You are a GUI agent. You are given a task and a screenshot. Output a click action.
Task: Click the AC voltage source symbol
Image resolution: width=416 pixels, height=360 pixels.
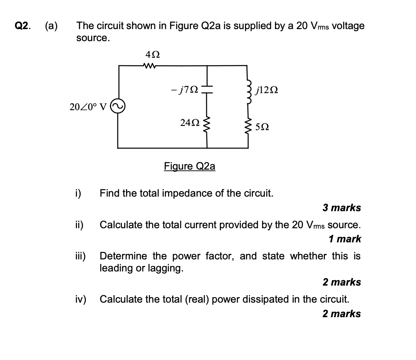coord(118,107)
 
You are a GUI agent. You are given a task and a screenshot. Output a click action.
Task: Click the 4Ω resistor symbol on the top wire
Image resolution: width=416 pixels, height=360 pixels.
coord(149,65)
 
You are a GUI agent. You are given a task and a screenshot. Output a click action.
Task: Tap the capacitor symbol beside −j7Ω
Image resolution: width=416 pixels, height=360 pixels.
coord(207,89)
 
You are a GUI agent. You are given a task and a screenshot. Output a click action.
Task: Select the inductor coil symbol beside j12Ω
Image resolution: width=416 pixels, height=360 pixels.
coord(248,89)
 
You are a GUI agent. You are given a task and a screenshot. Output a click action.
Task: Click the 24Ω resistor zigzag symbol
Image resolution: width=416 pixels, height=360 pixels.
coord(207,123)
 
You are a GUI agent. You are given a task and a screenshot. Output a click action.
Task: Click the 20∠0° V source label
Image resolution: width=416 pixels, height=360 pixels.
coord(88,107)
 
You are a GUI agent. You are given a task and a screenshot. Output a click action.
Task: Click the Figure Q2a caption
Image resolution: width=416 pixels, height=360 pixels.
coord(190,166)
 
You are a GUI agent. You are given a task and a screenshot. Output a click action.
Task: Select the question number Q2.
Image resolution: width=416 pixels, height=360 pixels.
coord(22,26)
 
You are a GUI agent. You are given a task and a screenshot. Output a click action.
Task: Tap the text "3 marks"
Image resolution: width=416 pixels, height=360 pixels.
coord(342,207)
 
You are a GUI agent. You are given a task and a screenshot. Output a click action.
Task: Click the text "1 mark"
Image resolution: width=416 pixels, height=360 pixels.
coord(344,239)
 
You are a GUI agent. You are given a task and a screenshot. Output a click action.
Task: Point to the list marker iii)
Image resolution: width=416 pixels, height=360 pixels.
coord(80,256)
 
